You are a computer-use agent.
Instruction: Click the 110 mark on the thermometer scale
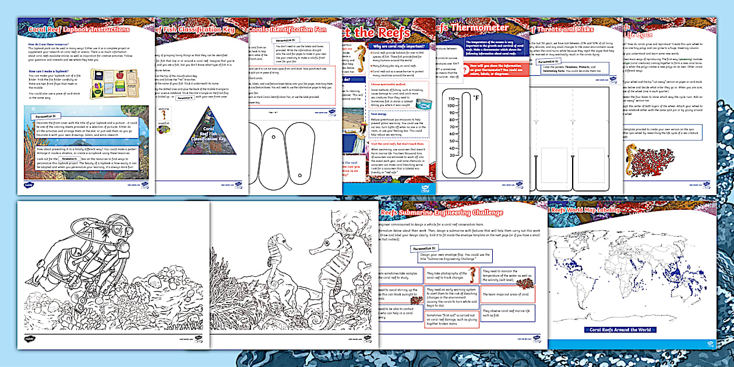point(452,99)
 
